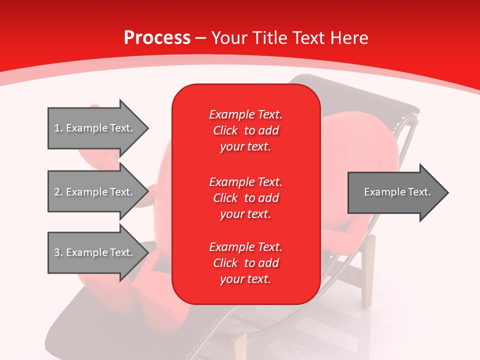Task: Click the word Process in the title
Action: pyautogui.click(x=157, y=38)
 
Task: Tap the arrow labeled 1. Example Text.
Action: pyautogui.click(x=97, y=128)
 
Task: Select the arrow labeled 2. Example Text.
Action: pyautogui.click(x=97, y=192)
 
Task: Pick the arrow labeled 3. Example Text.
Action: pyautogui.click(x=97, y=252)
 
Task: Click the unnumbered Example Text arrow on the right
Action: pyautogui.click(x=397, y=192)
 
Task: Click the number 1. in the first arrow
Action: pyautogui.click(x=58, y=128)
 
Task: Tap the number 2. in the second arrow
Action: pyautogui.click(x=58, y=192)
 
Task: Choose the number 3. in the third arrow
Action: pyautogui.click(x=58, y=252)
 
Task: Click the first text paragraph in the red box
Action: pyautogui.click(x=245, y=130)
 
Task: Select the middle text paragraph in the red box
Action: pyautogui.click(x=245, y=198)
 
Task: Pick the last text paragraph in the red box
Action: pyautogui.click(x=245, y=263)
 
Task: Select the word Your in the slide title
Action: pyautogui.click(x=229, y=38)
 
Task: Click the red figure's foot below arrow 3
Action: pyautogui.click(x=155, y=295)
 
